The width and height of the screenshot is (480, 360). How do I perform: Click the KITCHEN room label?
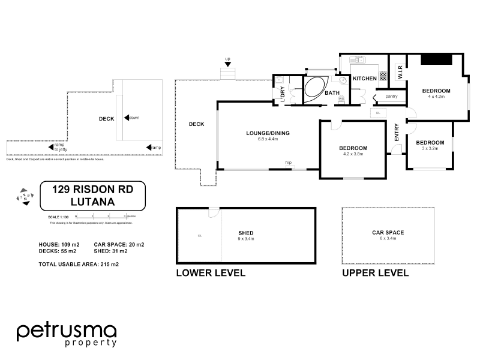(364, 79)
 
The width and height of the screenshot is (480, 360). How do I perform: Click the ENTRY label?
(397, 132)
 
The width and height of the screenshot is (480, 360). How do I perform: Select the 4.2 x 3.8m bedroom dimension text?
(353, 154)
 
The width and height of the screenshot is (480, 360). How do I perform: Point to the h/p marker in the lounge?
(288, 163)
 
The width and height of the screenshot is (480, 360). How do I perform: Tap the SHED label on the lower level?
(245, 233)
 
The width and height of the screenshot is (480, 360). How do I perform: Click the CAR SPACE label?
(388, 232)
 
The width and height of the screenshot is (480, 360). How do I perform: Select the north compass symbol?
(24, 196)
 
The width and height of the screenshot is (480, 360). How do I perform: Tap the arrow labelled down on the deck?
(126, 118)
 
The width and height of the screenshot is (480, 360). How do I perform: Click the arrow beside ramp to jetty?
(50, 146)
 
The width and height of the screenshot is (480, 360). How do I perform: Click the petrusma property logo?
(66, 334)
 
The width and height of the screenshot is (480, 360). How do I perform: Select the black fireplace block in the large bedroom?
(436, 59)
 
